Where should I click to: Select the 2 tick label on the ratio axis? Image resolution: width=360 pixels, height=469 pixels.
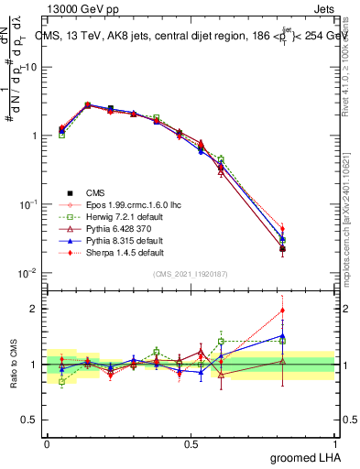(x=33, y=309)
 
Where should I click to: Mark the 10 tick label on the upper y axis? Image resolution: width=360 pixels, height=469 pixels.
(x=29, y=68)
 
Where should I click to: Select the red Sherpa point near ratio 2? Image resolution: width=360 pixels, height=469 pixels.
(x=282, y=311)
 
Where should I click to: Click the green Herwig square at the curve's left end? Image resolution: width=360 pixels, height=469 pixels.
(x=61, y=135)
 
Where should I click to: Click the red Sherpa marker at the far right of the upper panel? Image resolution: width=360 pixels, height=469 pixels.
(x=282, y=229)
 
